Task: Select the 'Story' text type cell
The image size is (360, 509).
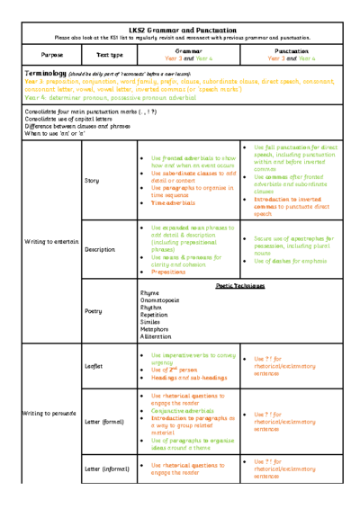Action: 91,180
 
